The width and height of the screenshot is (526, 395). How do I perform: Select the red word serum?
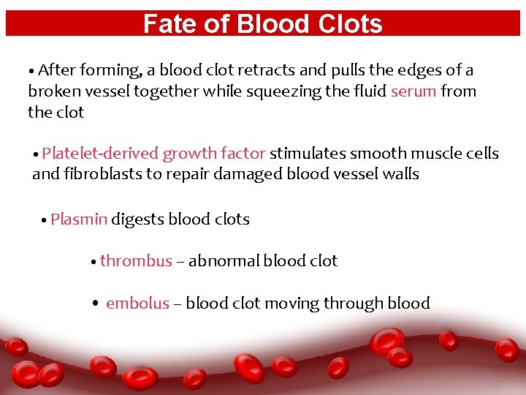(413, 91)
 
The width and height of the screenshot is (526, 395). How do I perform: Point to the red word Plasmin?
(79, 219)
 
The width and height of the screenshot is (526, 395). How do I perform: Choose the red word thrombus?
(136, 261)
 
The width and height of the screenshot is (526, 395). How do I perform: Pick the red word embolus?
(137, 304)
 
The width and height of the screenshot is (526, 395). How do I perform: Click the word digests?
(137, 219)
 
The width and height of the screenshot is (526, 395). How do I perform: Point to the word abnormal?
(224, 261)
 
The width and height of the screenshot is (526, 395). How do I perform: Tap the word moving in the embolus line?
(291, 304)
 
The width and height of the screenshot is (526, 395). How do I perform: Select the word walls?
(400, 174)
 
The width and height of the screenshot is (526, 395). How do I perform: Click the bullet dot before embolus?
(96, 304)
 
